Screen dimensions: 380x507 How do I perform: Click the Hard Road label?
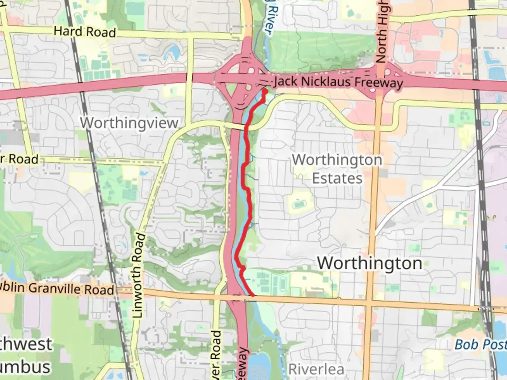tap(84, 32)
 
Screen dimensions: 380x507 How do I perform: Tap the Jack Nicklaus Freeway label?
tap(338, 82)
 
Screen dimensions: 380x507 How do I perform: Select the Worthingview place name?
tap(129, 123)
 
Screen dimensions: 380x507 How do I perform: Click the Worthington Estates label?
tap(337, 169)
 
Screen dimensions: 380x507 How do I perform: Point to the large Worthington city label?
tap(369, 263)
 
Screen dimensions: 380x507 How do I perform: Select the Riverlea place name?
tap(316, 369)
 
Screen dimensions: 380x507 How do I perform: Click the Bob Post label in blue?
tap(480, 344)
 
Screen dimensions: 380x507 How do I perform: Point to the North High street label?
tap(382, 32)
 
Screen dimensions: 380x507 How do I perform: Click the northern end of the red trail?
tap(265, 91)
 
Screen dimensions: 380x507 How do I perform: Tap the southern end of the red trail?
tap(252, 295)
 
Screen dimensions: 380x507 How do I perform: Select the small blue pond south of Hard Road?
tap(174, 53)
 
